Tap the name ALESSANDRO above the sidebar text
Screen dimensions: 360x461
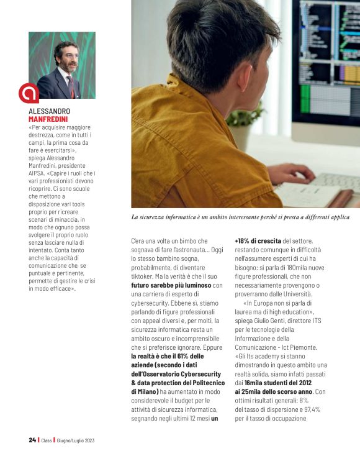50,111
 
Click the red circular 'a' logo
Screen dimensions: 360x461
29,93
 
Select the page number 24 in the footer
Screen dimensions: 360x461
32,440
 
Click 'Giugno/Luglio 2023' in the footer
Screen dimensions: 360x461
76,440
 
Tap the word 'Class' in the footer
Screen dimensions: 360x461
47,440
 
